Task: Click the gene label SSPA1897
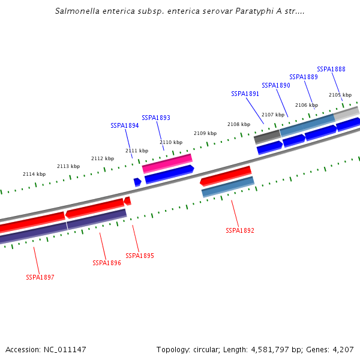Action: [x=40, y=277]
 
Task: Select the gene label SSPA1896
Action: [x=107, y=263]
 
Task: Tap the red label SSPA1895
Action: [x=140, y=256]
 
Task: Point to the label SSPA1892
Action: [x=240, y=230]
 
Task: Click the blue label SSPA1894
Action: [x=125, y=125]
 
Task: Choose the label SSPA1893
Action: [x=156, y=118]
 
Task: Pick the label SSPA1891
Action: [x=245, y=94]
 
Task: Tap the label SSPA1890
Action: [x=276, y=85]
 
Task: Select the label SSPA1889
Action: [x=304, y=77]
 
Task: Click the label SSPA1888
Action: [x=331, y=69]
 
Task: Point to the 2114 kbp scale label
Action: [x=34, y=174]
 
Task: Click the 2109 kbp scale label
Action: [x=205, y=133]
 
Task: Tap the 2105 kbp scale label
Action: [x=340, y=95]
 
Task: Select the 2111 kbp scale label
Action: [x=137, y=151]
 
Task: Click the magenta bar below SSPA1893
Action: [x=167, y=163]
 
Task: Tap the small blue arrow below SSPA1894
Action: [x=137, y=182]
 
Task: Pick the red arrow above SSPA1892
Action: [x=226, y=175]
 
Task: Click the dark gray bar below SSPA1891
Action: [x=267, y=137]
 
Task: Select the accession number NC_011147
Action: [x=65, y=349]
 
